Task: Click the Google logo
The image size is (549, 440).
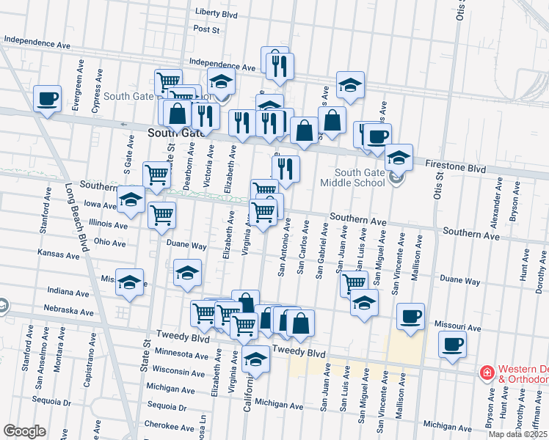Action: (24, 431)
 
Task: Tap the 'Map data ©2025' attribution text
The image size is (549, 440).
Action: (518, 434)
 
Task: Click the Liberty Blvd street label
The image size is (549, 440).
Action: (217, 13)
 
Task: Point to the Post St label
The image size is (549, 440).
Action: (207, 29)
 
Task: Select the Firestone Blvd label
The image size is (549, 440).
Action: (456, 169)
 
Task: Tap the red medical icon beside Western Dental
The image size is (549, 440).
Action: (486, 373)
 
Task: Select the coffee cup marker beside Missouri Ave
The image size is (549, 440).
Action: (410, 316)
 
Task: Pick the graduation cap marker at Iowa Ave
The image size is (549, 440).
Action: (131, 199)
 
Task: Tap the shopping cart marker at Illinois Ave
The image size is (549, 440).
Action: (161, 216)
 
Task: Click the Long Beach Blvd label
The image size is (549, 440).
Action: (76, 216)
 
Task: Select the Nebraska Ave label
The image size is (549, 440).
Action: (68, 311)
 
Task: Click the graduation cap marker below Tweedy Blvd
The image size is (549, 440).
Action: (255, 360)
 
